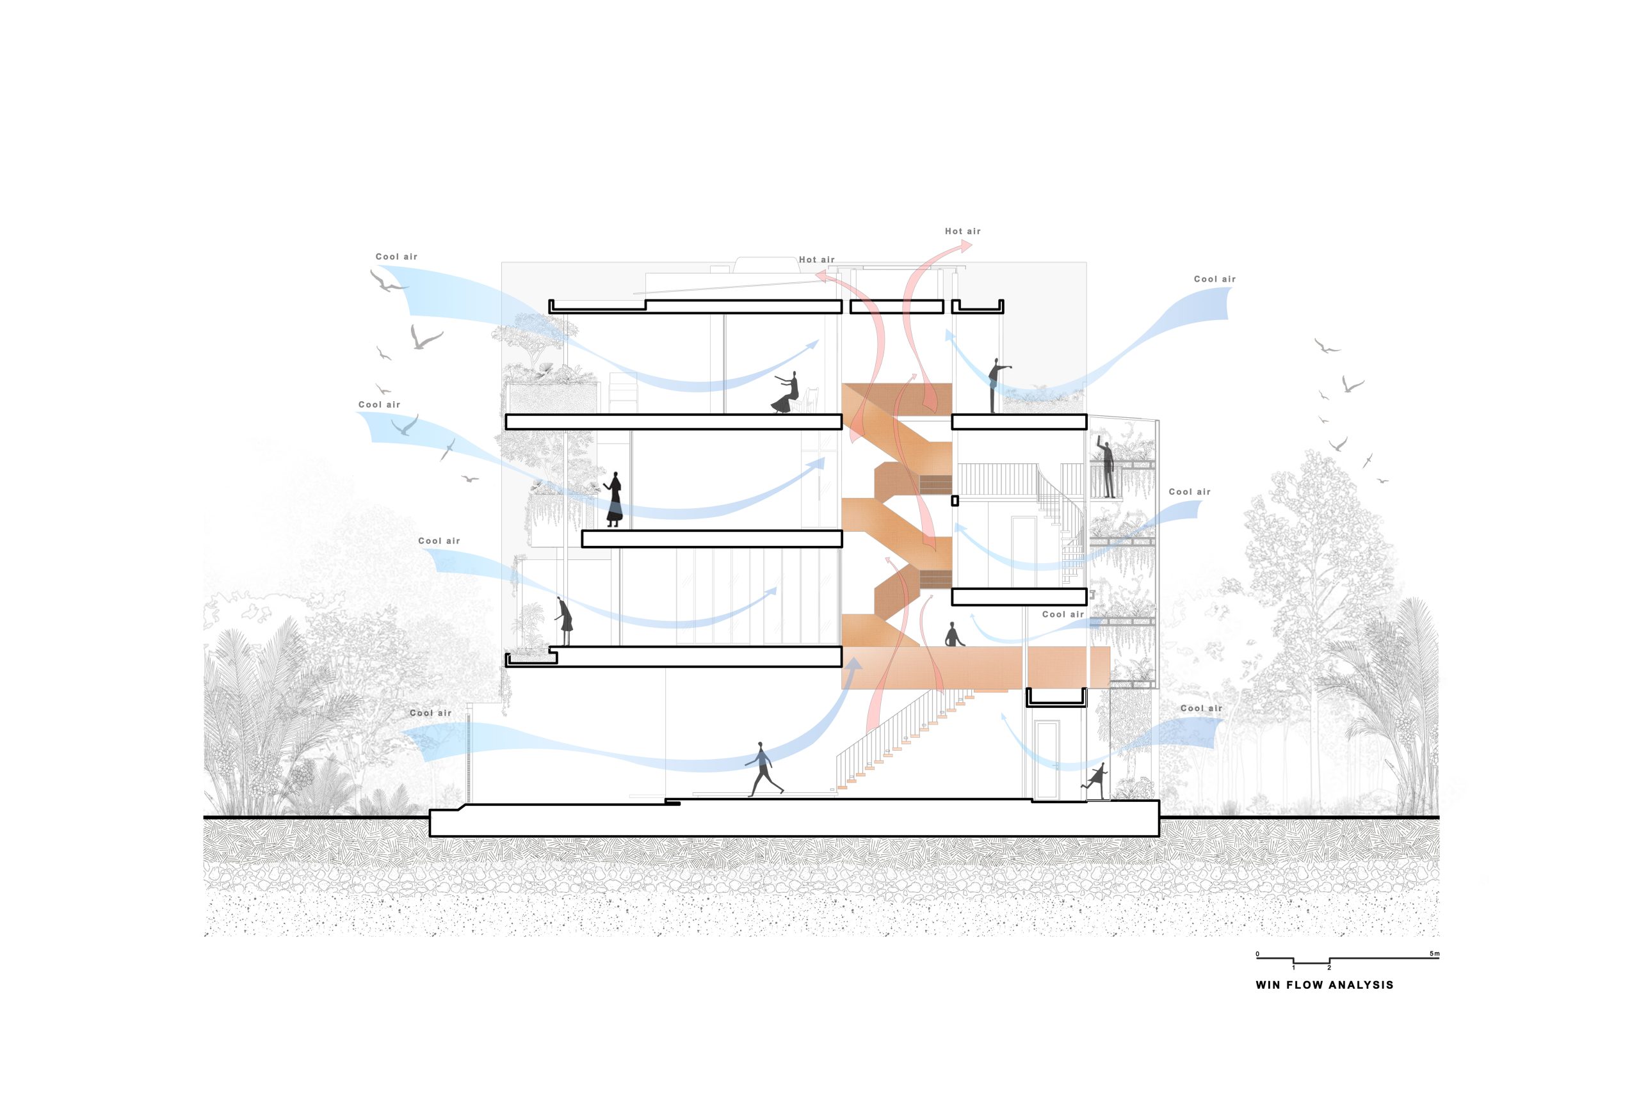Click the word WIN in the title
click(x=1266, y=986)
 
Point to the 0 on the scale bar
click(x=1257, y=954)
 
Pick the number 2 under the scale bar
click(x=1329, y=968)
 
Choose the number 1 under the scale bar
click(x=1293, y=968)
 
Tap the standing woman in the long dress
click(x=614, y=499)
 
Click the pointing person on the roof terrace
click(x=996, y=385)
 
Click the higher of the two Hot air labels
click(x=963, y=231)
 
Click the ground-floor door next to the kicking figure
click(x=1047, y=760)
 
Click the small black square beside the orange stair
click(x=955, y=501)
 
